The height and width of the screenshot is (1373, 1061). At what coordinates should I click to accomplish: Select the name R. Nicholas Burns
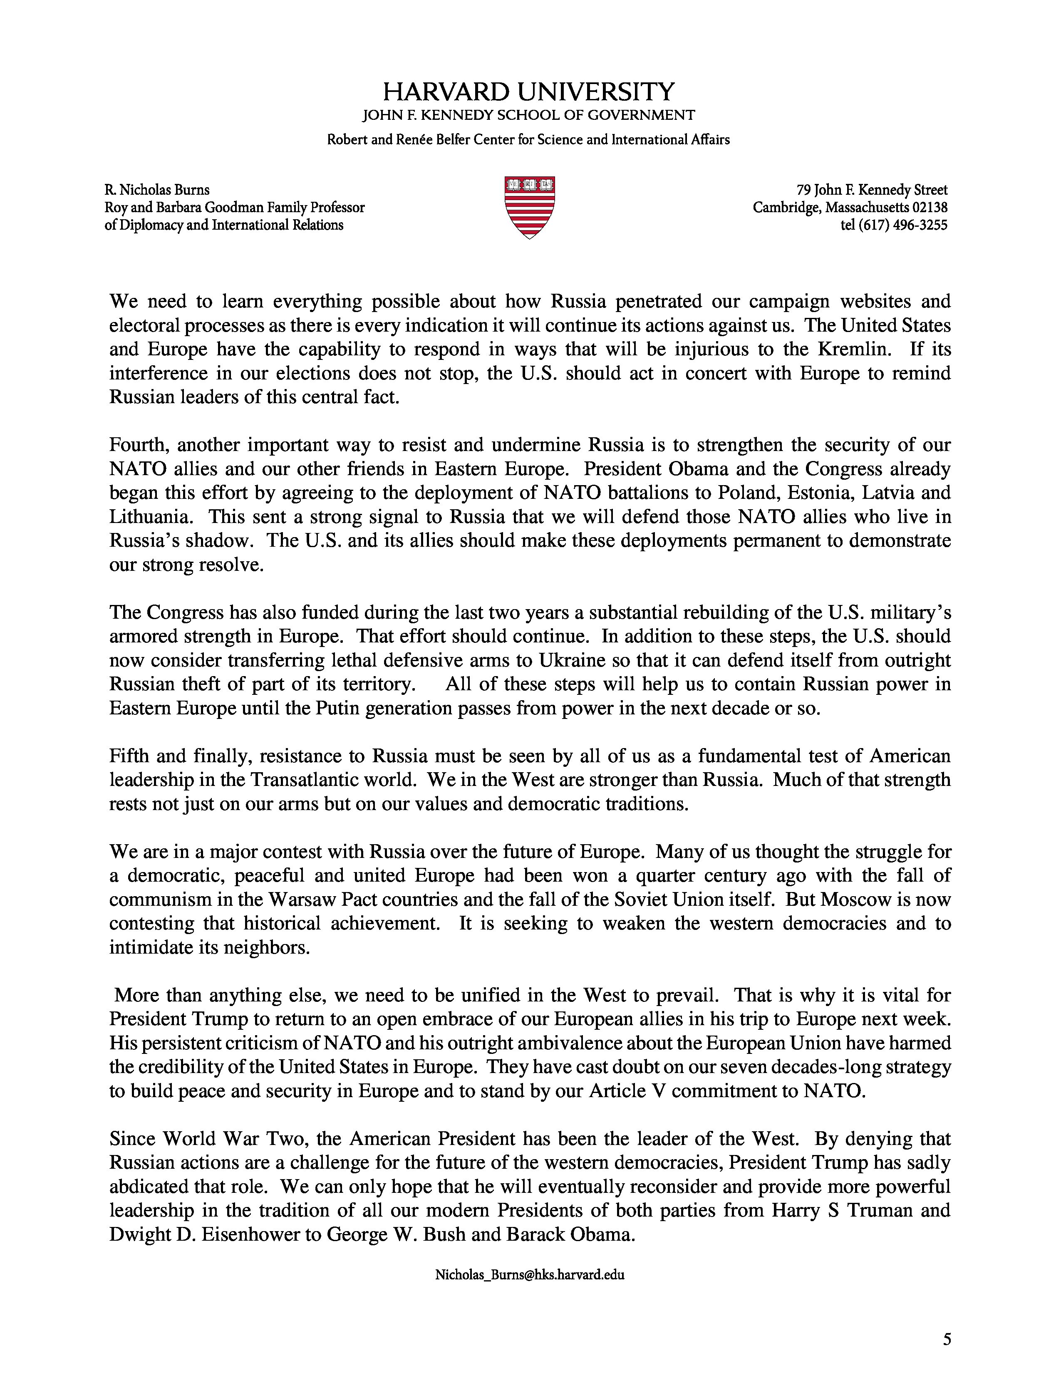(x=157, y=190)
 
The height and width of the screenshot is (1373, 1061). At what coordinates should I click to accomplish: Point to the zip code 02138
(x=930, y=208)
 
